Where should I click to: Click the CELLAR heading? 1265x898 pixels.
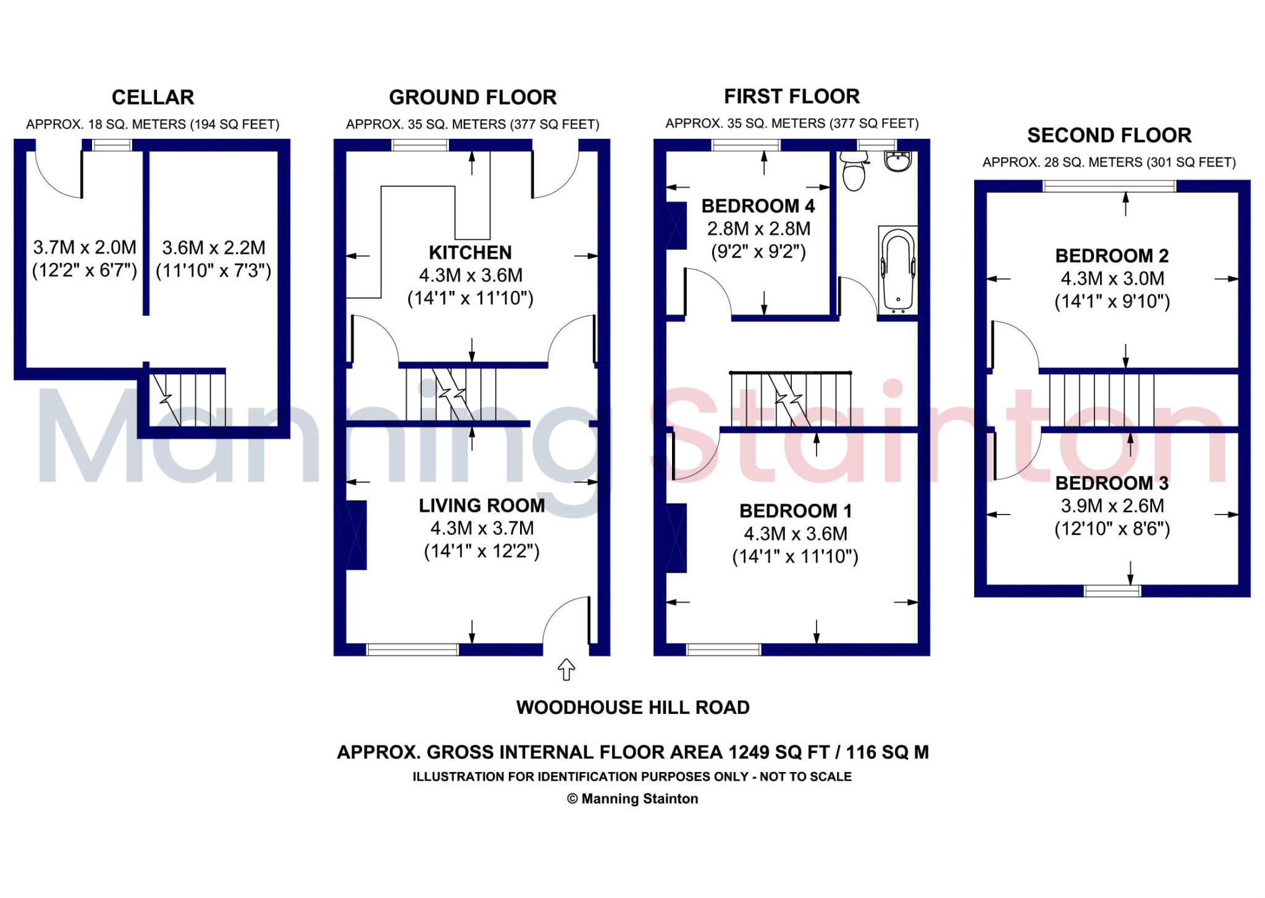coord(153,98)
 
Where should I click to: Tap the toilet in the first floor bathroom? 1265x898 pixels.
coord(854,171)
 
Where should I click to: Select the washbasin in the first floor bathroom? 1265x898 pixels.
coord(897,161)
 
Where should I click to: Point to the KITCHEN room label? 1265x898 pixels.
coord(470,253)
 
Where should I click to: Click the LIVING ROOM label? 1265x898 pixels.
coord(482,506)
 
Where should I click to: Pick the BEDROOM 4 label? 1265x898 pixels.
coord(758,206)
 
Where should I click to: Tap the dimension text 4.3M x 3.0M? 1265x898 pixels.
coord(1112,279)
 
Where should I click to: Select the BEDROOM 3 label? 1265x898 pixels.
coord(1112,483)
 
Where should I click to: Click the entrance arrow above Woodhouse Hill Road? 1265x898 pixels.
coord(566,669)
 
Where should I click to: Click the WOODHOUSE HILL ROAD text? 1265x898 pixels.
coord(632,708)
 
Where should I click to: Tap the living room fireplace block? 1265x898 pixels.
coord(356,535)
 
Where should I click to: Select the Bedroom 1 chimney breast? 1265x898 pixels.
coord(676,538)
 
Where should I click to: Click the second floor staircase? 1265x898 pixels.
coord(1101,400)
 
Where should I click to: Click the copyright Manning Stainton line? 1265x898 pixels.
coord(632,799)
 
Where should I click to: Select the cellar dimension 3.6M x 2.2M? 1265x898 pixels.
coord(214,248)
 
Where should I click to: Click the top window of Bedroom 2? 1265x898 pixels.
coord(1109,186)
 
